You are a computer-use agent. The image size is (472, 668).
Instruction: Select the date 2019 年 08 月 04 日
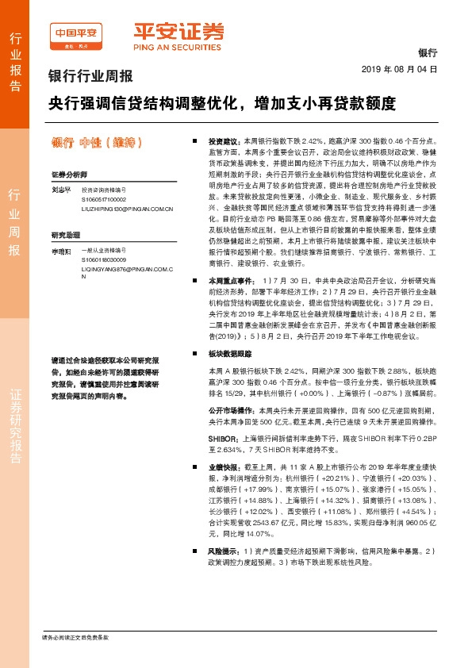click(405, 70)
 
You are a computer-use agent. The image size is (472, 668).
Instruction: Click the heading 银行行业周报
click(90, 78)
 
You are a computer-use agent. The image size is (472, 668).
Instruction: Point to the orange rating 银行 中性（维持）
click(96, 143)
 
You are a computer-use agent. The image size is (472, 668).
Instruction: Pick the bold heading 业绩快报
click(224, 470)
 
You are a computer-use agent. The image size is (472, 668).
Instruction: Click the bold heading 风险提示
click(224, 551)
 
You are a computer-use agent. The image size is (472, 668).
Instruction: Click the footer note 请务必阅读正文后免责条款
click(75, 637)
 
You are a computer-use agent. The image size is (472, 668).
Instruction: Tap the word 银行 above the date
click(427, 52)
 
